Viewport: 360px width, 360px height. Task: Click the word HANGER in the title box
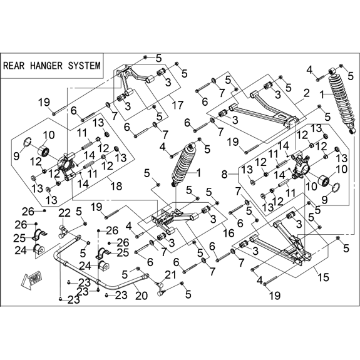click(x=46, y=66)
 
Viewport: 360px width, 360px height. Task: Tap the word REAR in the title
click(x=14, y=66)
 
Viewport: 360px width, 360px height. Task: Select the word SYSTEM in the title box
click(x=85, y=66)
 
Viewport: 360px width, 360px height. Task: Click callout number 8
click(x=224, y=175)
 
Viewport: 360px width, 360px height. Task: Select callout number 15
click(x=324, y=277)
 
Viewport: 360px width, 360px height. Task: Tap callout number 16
click(x=229, y=233)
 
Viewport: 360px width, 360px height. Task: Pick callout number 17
click(x=178, y=105)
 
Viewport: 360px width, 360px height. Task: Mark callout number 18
click(x=116, y=186)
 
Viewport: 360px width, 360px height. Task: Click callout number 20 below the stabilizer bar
click(x=141, y=296)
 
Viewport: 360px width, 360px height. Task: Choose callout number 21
click(x=171, y=275)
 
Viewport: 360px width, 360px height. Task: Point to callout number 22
click(x=64, y=213)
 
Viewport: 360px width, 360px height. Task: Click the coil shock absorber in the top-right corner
click(x=342, y=100)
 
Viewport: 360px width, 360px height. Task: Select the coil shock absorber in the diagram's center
click(x=184, y=164)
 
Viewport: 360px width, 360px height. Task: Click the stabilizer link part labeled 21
click(x=161, y=289)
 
